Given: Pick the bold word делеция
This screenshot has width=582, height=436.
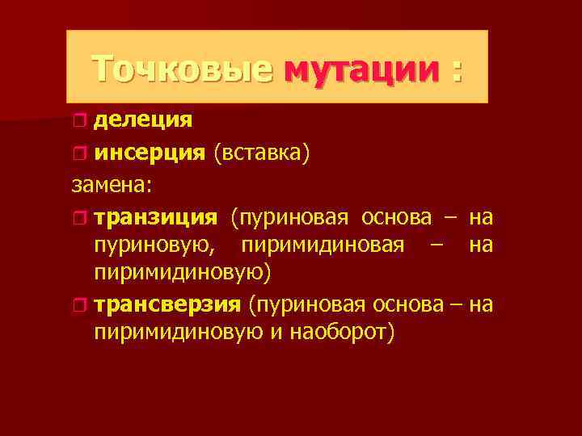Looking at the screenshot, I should coord(142,121).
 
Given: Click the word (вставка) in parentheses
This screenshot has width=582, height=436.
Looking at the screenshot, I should coord(261,154).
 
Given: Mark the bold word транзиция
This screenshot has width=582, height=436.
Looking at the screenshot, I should coord(155,218).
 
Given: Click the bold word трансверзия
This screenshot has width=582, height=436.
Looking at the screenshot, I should coord(167,305).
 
